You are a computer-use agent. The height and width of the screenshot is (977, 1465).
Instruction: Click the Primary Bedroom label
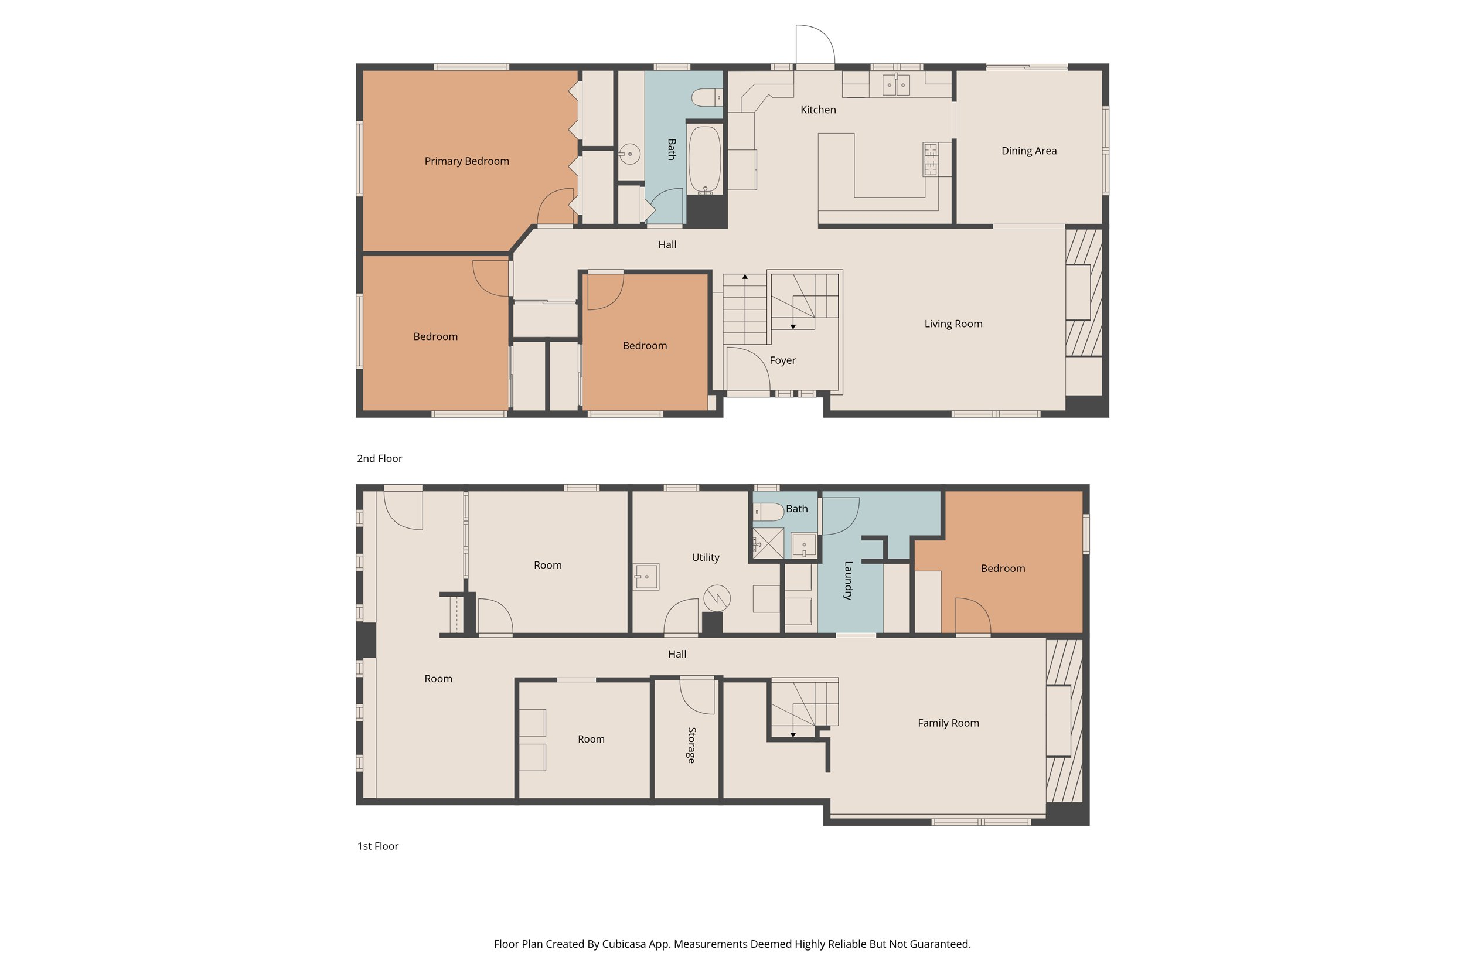pos(466,161)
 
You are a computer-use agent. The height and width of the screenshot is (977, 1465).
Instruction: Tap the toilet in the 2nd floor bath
pos(706,98)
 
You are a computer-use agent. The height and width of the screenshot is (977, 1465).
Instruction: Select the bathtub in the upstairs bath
pos(704,159)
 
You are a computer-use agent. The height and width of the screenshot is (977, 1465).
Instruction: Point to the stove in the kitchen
pos(930,159)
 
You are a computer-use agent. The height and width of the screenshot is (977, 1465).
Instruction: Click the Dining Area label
pos(1028,151)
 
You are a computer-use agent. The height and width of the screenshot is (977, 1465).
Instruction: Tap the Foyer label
pos(782,360)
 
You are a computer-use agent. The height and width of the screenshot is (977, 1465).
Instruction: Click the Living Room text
pos(953,324)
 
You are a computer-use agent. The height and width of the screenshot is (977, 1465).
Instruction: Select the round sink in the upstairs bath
pos(630,154)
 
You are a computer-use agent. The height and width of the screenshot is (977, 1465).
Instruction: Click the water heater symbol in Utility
pos(716,598)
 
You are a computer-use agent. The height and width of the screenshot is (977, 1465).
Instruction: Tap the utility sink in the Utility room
pos(646,576)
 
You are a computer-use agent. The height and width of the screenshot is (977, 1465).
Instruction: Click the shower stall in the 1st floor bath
pos(768,543)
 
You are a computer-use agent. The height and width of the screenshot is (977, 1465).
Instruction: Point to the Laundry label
pos(848,580)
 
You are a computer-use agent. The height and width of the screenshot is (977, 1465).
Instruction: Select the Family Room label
pos(948,723)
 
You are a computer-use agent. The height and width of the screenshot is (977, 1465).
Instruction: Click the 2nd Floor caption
pos(379,458)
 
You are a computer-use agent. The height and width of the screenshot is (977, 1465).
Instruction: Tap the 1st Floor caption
pos(377,846)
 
